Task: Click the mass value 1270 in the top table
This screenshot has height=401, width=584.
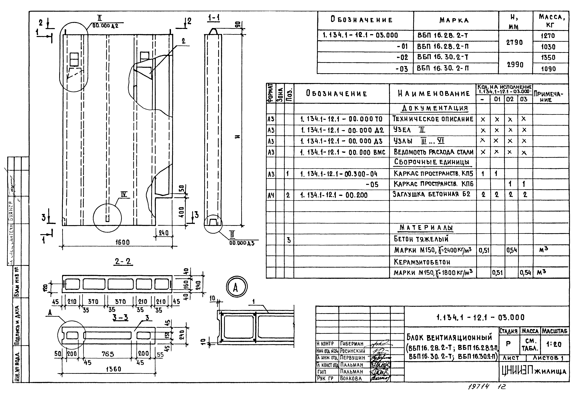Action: (548, 36)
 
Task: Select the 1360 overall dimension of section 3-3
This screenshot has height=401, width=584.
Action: (113, 369)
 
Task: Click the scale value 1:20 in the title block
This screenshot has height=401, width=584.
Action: (554, 344)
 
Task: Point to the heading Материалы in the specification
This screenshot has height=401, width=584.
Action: (426, 228)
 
